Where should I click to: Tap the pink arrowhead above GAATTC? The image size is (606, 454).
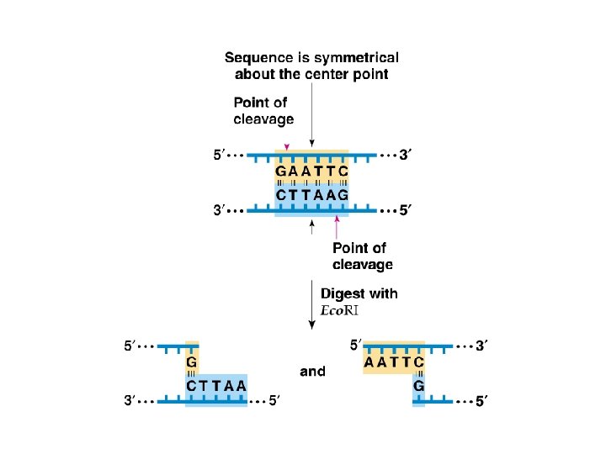click(x=286, y=147)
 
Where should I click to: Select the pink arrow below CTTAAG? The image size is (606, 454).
click(x=338, y=227)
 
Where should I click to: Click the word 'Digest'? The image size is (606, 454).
click(x=341, y=294)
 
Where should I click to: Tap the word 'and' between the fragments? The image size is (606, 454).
click(x=311, y=371)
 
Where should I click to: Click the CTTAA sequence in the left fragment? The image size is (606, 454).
click(x=216, y=385)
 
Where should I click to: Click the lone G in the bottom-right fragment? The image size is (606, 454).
click(x=418, y=385)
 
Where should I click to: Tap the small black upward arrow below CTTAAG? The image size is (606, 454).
click(x=312, y=224)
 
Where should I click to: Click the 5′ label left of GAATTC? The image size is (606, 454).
click(x=217, y=156)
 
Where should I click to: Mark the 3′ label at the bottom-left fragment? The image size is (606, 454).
click(x=131, y=402)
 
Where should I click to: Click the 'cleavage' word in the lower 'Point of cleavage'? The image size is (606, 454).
click(x=363, y=265)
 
